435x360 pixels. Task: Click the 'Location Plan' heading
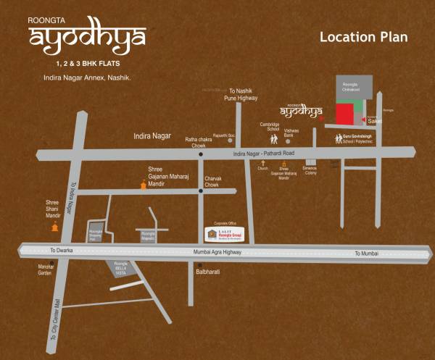pyautogui.click(x=364, y=37)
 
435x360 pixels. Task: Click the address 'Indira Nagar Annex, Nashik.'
pyautogui.click(x=87, y=77)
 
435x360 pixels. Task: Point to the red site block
pyautogui.click(x=344, y=114)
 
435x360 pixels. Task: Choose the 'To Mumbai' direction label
pyautogui.click(x=367, y=254)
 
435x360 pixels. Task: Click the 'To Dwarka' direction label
pyautogui.click(x=62, y=251)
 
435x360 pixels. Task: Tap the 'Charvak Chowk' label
pyautogui.click(x=212, y=182)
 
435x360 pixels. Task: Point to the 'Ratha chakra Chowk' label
pyautogui.click(x=199, y=142)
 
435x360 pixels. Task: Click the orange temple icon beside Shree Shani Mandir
pyautogui.click(x=54, y=227)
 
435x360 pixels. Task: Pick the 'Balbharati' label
pyautogui.click(x=208, y=272)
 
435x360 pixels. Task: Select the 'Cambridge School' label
pyautogui.click(x=270, y=127)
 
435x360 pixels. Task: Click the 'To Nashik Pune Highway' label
pyautogui.click(x=241, y=92)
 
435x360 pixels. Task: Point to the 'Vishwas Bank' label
pyautogui.click(x=291, y=133)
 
